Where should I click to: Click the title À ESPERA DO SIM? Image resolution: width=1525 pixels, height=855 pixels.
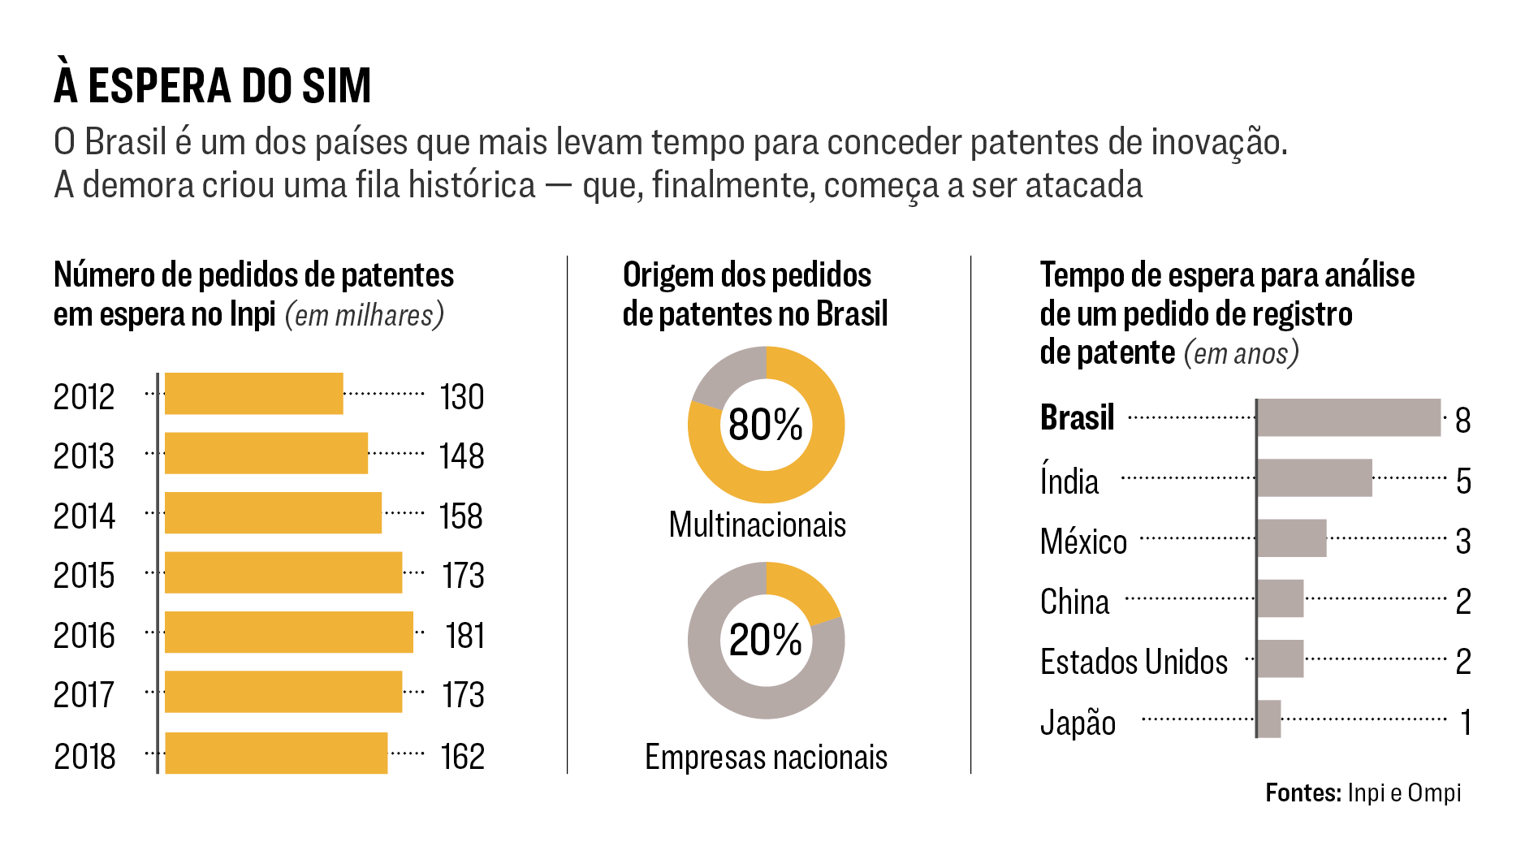pos(212,86)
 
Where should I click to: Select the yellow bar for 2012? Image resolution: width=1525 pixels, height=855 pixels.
pos(253,394)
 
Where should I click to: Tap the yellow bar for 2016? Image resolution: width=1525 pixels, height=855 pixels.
pos(288,633)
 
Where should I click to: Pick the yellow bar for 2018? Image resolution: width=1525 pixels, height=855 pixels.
pos(276,753)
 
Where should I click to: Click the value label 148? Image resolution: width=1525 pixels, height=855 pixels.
pos(461,456)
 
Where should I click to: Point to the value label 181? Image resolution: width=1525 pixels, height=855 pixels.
pos(464,636)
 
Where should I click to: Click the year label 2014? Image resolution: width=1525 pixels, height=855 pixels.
pos(84,516)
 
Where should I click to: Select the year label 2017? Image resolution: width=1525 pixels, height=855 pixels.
pos(84,696)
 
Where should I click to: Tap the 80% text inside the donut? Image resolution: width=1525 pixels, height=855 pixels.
pos(765,425)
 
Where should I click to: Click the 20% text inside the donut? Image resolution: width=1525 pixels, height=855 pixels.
pos(765,640)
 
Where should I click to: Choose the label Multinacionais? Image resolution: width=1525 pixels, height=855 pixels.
pos(757,525)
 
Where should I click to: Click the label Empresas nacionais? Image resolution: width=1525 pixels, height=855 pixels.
pos(766,758)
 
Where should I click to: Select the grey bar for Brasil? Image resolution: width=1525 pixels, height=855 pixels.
pos(1349,417)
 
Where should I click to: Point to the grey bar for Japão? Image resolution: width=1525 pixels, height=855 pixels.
pos(1269,719)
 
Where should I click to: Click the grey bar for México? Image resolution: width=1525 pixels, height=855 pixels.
pos(1292,538)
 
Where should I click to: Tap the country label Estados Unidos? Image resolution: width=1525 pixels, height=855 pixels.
pos(1134,662)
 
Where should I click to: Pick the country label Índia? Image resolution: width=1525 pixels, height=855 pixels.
pos(1069,480)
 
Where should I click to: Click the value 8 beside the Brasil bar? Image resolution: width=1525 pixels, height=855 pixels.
pos(1462,421)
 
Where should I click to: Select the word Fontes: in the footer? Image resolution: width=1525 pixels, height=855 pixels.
pos(1303,792)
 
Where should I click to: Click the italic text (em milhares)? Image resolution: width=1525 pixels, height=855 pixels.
pos(365,315)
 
